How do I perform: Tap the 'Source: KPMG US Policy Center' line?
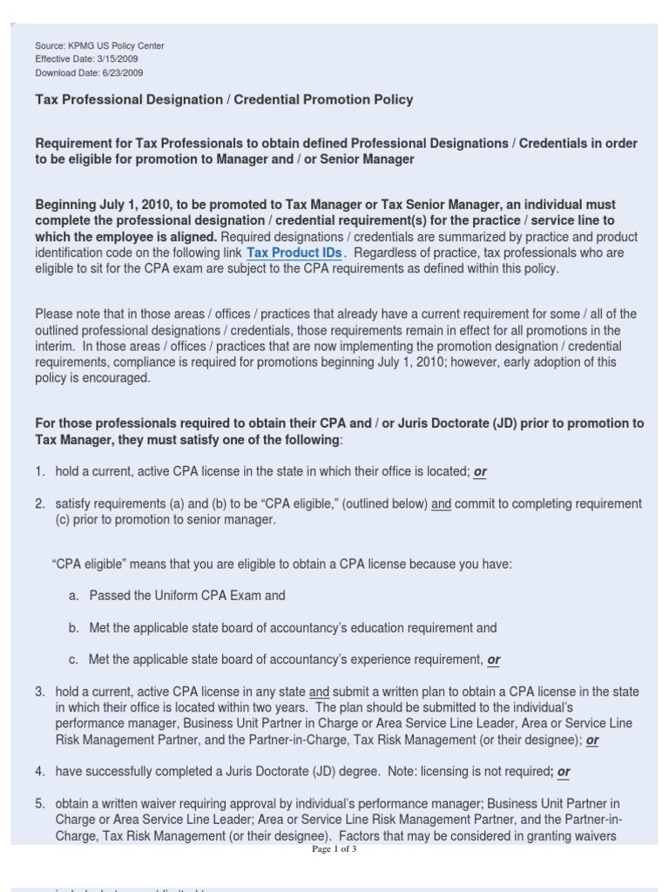point(99,45)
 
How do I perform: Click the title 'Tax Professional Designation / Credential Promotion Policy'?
point(224,99)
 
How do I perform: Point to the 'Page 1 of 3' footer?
point(334,848)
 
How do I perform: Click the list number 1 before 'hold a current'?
point(40,471)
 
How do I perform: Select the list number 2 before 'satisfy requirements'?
point(40,504)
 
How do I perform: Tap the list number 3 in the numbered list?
point(40,692)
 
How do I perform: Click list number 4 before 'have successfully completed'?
point(40,772)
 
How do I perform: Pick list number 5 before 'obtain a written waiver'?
point(40,804)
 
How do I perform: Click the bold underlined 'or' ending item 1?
point(480,472)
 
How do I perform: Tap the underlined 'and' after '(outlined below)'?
point(442,504)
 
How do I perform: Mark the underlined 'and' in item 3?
point(320,692)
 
